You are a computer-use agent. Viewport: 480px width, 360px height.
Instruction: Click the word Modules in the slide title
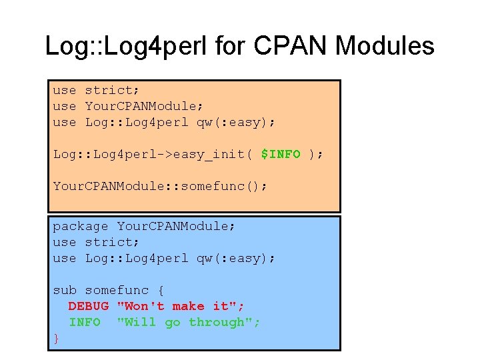tap(385, 46)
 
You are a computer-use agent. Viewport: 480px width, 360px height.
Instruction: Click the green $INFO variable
tap(281, 154)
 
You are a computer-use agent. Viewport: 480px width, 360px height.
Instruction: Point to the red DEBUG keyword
tap(88, 306)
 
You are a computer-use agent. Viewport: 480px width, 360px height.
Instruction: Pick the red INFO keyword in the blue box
tap(85, 322)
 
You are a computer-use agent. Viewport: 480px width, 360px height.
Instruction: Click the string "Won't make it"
tap(181, 306)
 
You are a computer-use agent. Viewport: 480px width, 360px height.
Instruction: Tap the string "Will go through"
tap(189, 322)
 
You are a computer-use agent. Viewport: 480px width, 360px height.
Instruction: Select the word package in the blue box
tap(80, 226)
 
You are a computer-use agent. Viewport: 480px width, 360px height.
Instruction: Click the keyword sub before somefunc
tap(65, 290)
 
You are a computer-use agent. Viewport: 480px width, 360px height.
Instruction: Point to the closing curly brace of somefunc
tap(57, 338)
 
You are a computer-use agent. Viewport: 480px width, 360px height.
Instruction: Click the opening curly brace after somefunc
tap(160, 290)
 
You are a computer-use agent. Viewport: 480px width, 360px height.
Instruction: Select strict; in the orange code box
tap(112, 90)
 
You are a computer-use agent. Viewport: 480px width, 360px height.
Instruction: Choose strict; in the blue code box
tap(112, 242)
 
